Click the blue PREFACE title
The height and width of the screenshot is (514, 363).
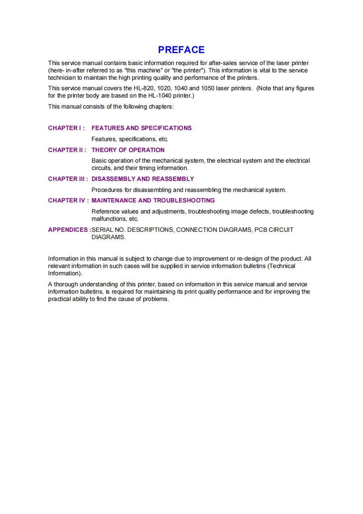tap(181, 50)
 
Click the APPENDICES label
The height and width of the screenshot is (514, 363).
tap(68, 230)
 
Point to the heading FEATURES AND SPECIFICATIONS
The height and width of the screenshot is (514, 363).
tap(141, 128)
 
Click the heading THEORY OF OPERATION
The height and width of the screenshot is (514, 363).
tap(128, 150)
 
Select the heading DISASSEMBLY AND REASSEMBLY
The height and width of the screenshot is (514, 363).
tap(143, 179)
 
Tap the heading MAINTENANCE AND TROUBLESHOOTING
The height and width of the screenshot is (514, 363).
tap(153, 201)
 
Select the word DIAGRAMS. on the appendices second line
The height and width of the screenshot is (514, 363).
tap(108, 237)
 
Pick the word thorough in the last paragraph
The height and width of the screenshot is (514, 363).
tap(67, 284)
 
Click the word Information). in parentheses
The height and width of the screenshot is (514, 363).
tap(65, 273)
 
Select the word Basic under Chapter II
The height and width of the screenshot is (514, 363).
tap(99, 161)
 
